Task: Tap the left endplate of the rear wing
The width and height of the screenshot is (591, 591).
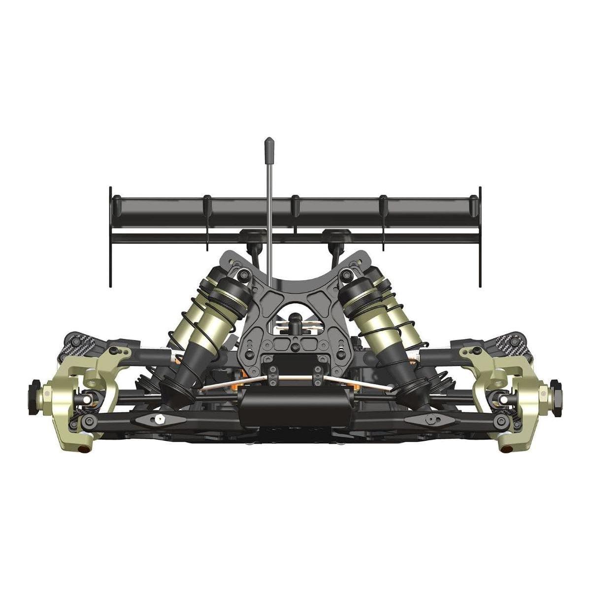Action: [x=111, y=236]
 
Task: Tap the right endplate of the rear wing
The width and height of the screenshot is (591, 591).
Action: [x=480, y=236]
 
